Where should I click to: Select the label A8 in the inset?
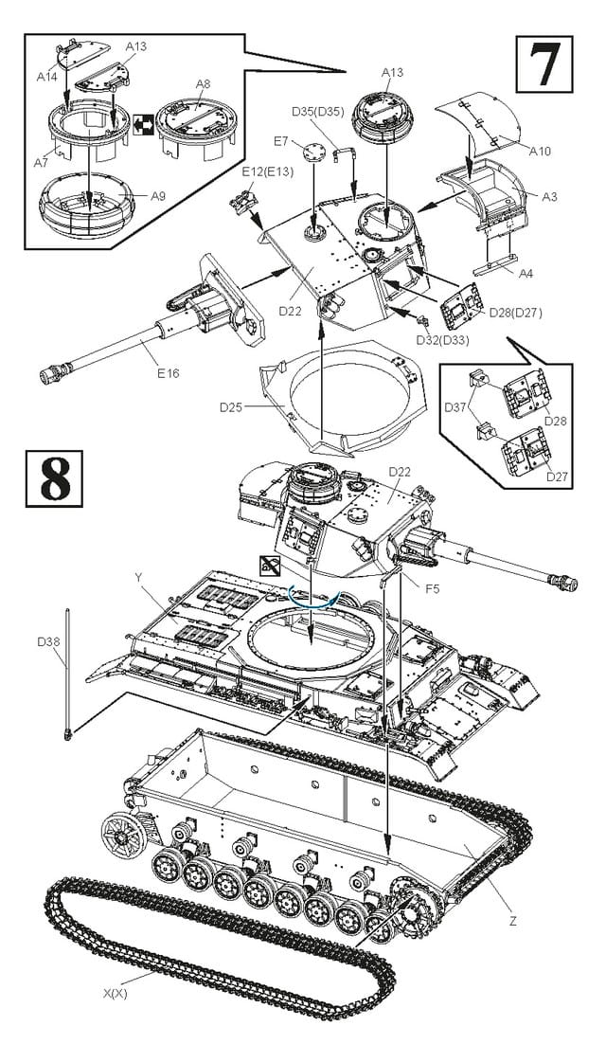click(x=204, y=84)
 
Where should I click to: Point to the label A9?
click(x=158, y=196)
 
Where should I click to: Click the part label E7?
click(x=280, y=141)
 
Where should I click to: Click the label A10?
click(x=541, y=151)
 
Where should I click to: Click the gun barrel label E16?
click(x=167, y=372)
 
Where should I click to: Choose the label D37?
click(x=456, y=408)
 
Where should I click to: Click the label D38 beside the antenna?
click(x=49, y=642)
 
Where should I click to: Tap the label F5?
click(x=432, y=589)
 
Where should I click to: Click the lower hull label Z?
click(x=512, y=919)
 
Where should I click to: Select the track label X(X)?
click(x=116, y=994)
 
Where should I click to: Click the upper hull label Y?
click(x=139, y=576)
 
